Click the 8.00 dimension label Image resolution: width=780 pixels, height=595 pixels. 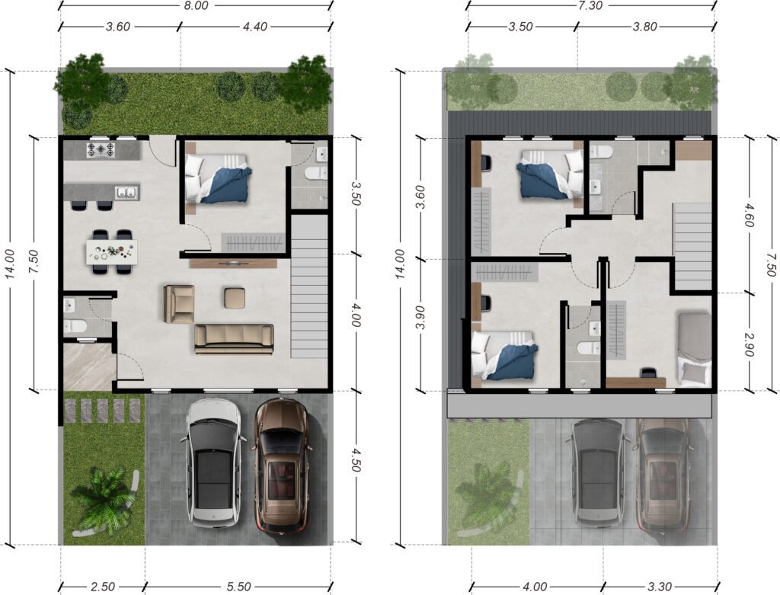[195, 6]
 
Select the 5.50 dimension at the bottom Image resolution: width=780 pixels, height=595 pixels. [238, 587]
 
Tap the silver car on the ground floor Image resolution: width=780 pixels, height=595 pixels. [213, 464]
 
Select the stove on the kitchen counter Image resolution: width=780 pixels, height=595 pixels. [101, 150]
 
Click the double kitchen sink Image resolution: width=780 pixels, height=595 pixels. [126, 193]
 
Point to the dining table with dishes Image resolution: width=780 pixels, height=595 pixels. [112, 251]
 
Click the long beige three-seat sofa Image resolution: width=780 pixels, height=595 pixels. [234, 339]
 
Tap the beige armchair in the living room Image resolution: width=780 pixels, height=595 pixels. [179, 303]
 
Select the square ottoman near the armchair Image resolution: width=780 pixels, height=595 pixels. [235, 297]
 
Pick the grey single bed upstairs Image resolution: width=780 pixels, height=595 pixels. [694, 349]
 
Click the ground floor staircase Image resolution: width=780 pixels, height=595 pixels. [309, 286]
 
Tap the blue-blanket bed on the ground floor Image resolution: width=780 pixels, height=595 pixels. [218, 178]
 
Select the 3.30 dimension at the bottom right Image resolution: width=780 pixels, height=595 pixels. [660, 587]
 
